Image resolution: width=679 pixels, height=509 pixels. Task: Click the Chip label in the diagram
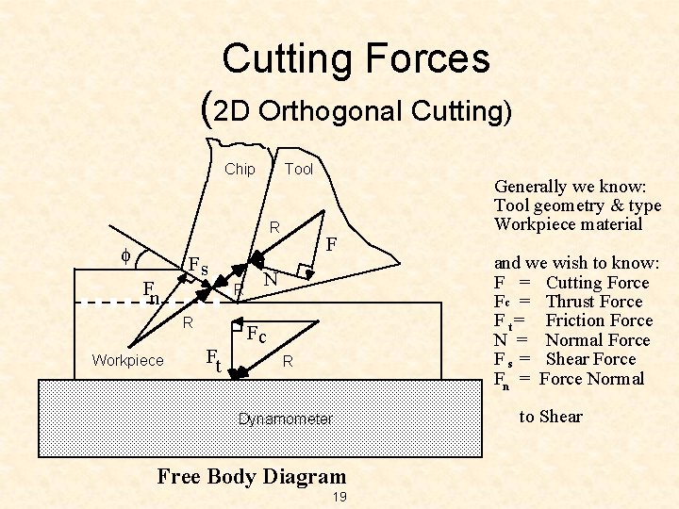pyautogui.click(x=240, y=170)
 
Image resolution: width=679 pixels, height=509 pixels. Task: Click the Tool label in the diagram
pyautogui.click(x=299, y=170)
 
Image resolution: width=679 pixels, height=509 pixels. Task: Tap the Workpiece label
pyautogui.click(x=127, y=361)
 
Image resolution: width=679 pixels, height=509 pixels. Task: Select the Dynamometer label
pyautogui.click(x=286, y=419)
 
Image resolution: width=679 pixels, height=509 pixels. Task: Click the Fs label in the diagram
pyautogui.click(x=198, y=266)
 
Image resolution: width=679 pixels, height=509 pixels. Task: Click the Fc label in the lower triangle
pyautogui.click(x=257, y=336)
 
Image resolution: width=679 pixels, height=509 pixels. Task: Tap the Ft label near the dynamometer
pyautogui.click(x=214, y=358)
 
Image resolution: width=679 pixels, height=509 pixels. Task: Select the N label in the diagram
pyautogui.click(x=271, y=280)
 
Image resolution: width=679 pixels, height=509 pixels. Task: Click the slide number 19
pyautogui.click(x=340, y=497)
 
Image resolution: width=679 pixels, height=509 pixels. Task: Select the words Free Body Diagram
pyautogui.click(x=252, y=476)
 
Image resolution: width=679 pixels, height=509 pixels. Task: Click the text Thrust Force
pyautogui.click(x=594, y=302)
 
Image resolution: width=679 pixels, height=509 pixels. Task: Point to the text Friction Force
pyautogui.click(x=599, y=320)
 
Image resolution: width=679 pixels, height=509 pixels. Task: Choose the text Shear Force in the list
pyautogui.click(x=590, y=359)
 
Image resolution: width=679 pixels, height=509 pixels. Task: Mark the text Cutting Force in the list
pyautogui.click(x=597, y=282)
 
